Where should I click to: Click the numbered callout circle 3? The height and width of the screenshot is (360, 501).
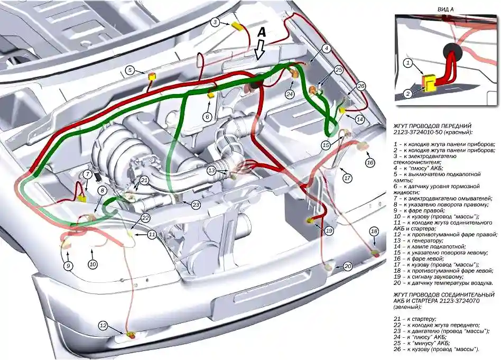(x=216, y=22)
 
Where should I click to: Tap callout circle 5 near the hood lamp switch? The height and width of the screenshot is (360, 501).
(x=129, y=70)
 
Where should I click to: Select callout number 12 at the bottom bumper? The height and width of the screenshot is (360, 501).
(x=103, y=326)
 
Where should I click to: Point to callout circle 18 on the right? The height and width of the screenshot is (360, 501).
(x=374, y=232)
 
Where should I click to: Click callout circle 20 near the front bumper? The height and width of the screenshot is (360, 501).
(x=347, y=266)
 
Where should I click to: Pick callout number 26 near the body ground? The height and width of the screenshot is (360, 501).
(x=361, y=86)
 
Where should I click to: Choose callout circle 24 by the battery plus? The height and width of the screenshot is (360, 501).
(x=290, y=94)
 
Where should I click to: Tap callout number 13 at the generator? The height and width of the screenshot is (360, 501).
(x=211, y=170)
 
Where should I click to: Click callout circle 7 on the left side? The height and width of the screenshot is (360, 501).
(x=88, y=173)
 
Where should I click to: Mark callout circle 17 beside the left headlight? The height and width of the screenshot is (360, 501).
(x=347, y=178)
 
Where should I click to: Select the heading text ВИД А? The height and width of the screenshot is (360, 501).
(x=446, y=10)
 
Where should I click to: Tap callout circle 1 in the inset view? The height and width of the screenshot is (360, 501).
(x=407, y=63)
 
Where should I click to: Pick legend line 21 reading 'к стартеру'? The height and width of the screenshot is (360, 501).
(x=415, y=319)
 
